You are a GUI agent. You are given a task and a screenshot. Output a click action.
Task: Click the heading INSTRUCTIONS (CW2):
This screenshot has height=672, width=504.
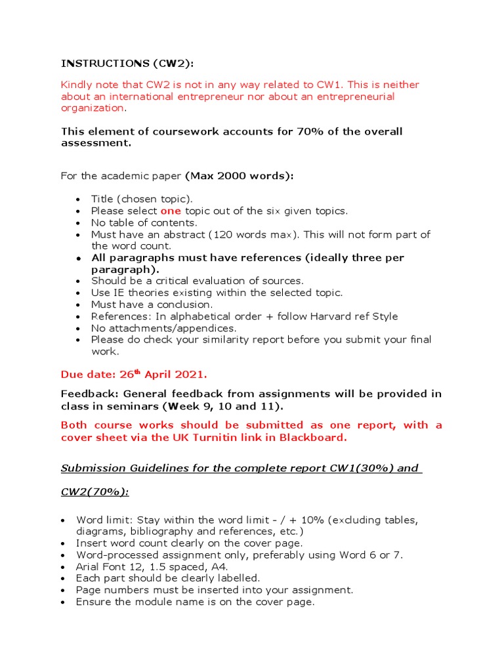tap(128, 63)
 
